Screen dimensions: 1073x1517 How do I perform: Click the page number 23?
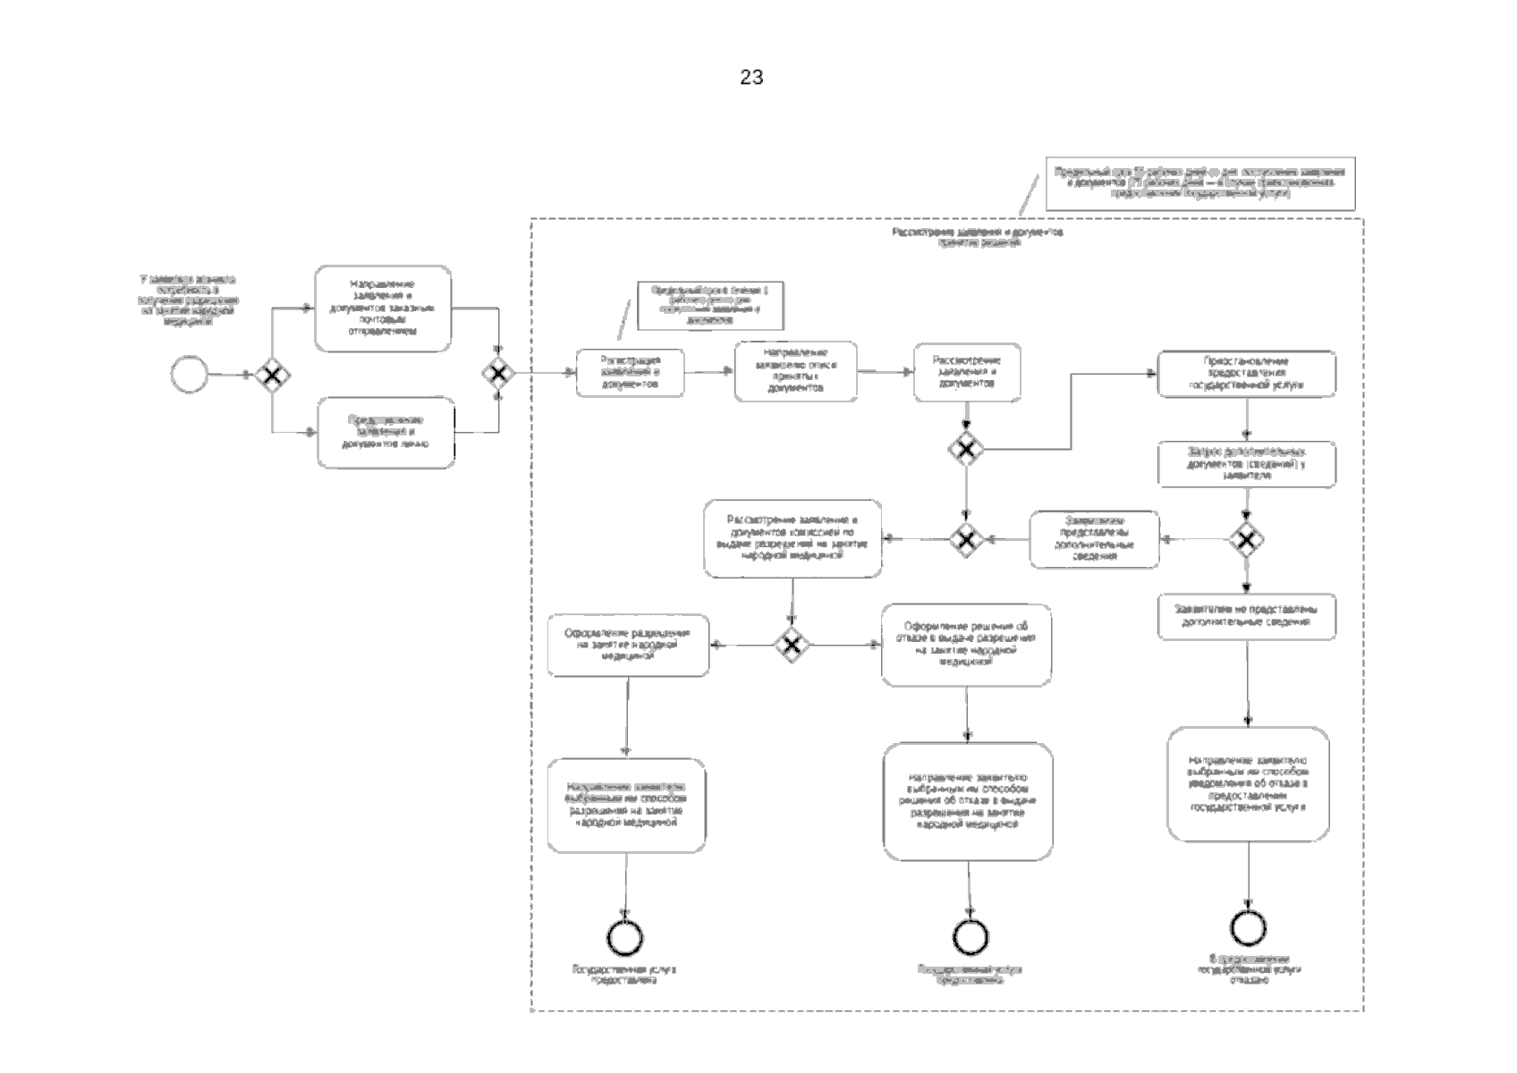tap(751, 78)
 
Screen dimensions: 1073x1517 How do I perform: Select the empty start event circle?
tap(190, 374)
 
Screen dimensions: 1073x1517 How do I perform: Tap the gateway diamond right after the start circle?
tap(270, 374)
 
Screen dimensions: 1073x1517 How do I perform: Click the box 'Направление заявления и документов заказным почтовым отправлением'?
tap(383, 308)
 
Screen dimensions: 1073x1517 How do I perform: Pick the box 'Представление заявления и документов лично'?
tap(386, 432)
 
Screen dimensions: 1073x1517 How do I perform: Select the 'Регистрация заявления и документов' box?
tap(631, 372)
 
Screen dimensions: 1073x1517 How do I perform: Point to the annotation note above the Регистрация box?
tap(710, 306)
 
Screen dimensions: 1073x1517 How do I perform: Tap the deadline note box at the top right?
tap(1199, 182)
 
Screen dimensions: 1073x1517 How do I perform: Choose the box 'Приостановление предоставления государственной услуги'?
tap(1247, 374)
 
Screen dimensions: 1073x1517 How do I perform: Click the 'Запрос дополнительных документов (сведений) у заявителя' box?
tap(1247, 464)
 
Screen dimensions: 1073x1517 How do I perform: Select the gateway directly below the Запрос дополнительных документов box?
tap(1247, 539)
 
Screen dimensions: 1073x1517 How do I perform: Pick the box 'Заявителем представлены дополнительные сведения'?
tap(1094, 539)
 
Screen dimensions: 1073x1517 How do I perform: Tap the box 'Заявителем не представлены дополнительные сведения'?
tap(1247, 616)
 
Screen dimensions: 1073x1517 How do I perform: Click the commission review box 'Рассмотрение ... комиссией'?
tap(792, 538)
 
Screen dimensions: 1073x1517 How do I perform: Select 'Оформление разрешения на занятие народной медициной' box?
tap(628, 645)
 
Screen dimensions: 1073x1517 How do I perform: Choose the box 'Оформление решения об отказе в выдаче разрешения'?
tap(966, 645)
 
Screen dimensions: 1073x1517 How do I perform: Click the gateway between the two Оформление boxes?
tap(792, 645)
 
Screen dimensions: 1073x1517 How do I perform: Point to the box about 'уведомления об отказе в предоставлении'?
tap(1248, 784)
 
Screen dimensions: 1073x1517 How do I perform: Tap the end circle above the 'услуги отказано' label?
tap(1248, 928)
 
